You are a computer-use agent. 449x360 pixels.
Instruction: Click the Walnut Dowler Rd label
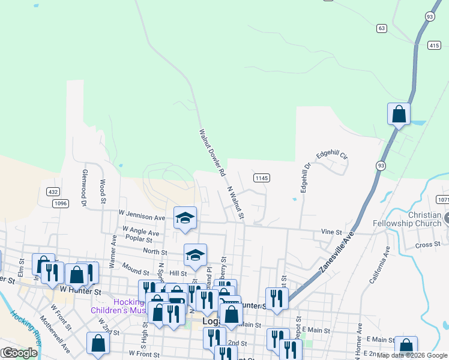[x=212, y=152]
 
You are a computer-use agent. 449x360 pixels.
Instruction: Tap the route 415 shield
[x=435, y=45]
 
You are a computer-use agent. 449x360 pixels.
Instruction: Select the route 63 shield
[x=382, y=28]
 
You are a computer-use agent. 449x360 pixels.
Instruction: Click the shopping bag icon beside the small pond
[x=399, y=114]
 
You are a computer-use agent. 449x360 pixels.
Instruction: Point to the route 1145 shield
[x=261, y=178]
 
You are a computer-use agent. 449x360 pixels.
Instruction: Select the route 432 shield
[x=53, y=191]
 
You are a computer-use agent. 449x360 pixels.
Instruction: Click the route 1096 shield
[x=60, y=203]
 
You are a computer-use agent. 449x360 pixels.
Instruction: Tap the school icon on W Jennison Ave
[x=185, y=218]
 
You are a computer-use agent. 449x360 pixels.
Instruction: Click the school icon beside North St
[x=195, y=256]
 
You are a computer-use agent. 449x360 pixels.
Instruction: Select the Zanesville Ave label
[x=337, y=253]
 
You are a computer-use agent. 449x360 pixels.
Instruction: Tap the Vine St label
[x=331, y=232]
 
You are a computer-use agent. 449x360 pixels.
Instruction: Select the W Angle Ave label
[x=140, y=230]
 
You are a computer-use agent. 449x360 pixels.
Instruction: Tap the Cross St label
[x=428, y=245]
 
